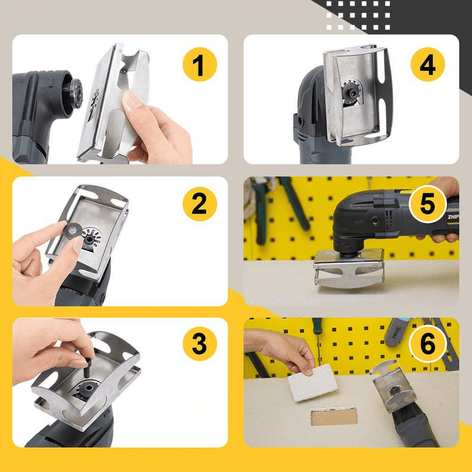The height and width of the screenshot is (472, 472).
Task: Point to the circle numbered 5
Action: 427,204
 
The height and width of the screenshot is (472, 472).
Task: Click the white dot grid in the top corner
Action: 358,16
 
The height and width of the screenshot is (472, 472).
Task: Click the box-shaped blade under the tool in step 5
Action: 348,270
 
